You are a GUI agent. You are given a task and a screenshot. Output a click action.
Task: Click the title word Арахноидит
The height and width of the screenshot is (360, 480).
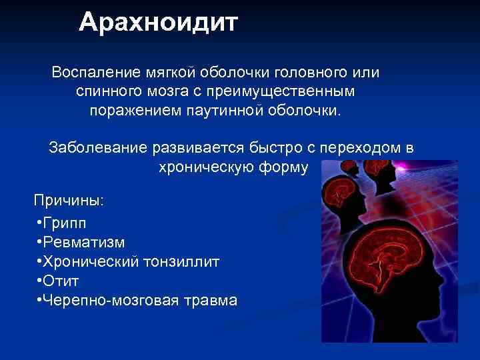tap(158, 23)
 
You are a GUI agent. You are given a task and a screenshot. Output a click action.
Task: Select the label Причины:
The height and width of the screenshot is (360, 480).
tap(69, 200)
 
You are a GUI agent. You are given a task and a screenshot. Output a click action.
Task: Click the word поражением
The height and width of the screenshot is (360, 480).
tap(129, 109)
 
